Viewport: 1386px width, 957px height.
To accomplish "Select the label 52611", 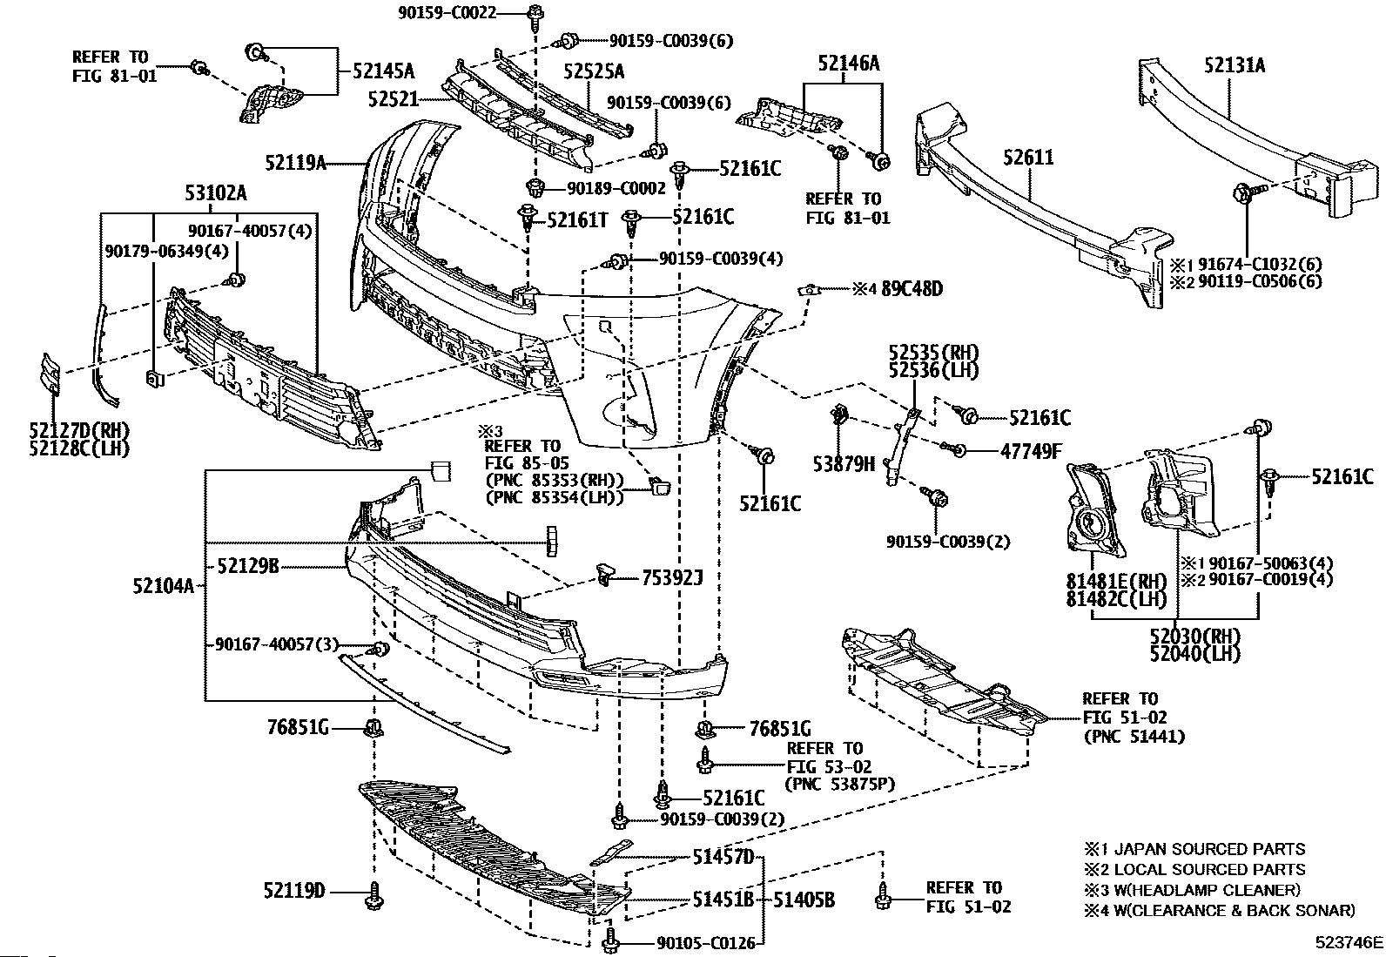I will tap(1028, 158).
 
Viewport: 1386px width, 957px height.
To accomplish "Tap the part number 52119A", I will tap(296, 162).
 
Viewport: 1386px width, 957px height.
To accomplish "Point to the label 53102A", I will tap(215, 192).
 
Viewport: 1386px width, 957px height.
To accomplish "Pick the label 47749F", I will tap(1031, 451).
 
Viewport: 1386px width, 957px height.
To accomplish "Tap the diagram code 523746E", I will tap(1349, 942).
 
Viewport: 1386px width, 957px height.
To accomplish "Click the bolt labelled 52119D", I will tap(375, 893).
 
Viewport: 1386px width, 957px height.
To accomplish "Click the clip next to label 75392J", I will tap(606, 572).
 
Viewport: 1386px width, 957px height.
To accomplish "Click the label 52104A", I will tap(163, 586).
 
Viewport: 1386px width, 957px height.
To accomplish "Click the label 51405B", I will tap(804, 900).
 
